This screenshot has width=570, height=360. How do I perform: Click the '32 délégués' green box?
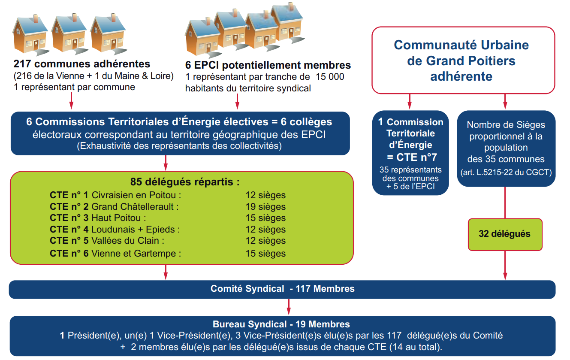(x=505, y=234)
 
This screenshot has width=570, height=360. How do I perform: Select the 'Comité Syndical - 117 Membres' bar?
(x=282, y=290)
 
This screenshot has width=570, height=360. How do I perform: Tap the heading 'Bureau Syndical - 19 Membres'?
(x=281, y=324)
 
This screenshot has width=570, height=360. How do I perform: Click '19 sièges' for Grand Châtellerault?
(x=265, y=206)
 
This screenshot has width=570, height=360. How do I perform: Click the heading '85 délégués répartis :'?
(x=185, y=182)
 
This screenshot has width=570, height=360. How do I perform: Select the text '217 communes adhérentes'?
(x=81, y=64)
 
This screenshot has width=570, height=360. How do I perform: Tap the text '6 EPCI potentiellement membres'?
(x=268, y=65)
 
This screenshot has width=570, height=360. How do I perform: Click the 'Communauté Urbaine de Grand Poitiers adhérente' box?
(x=463, y=61)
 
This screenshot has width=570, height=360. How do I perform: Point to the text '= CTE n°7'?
(x=412, y=157)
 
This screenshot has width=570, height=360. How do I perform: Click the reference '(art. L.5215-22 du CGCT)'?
(x=506, y=172)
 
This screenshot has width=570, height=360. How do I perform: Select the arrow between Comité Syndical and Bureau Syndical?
(x=289, y=307)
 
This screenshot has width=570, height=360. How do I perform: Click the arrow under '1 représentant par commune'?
(x=72, y=101)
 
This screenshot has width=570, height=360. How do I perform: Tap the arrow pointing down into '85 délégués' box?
(x=166, y=163)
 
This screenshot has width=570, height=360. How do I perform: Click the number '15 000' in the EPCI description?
(x=330, y=77)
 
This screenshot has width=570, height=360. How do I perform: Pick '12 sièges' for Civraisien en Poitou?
(x=265, y=195)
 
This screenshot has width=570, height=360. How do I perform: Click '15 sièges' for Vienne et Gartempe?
(x=265, y=253)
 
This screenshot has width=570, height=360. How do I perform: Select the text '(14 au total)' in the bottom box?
(x=416, y=347)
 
